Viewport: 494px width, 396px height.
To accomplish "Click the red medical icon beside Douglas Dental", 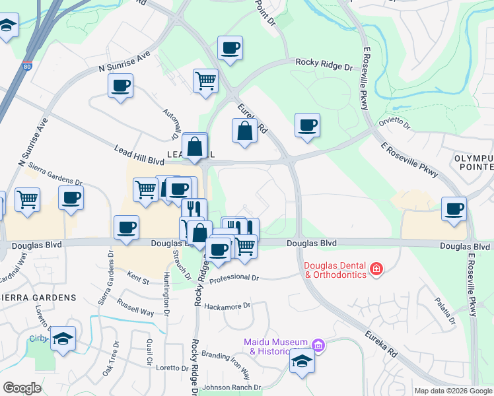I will (376, 269).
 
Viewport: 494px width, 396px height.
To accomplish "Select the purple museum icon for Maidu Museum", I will (318, 345).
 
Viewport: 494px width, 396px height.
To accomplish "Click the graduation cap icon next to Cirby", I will (63, 339).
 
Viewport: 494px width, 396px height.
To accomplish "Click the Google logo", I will (22, 388).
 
